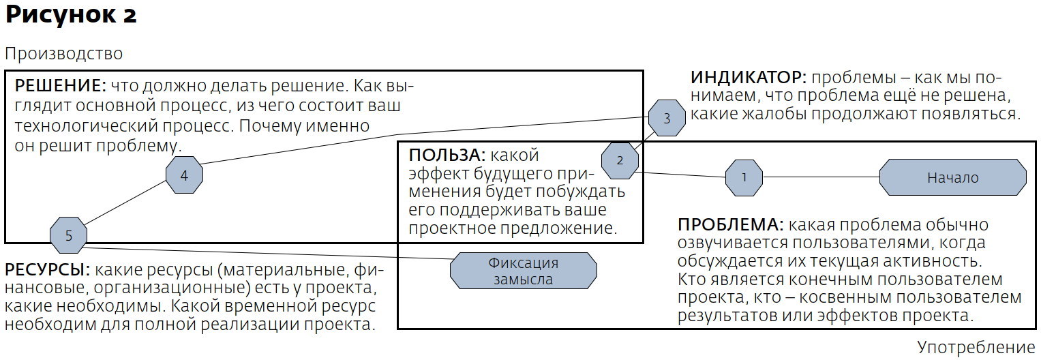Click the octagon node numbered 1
click(x=744, y=177)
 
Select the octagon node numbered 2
click(x=620, y=161)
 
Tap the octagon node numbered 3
click(x=666, y=118)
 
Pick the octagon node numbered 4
click(x=184, y=175)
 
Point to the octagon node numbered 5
click(x=68, y=236)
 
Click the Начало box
click(x=952, y=177)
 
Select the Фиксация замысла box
click(x=523, y=271)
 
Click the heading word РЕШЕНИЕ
click(x=60, y=87)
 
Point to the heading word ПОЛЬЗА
click(x=447, y=155)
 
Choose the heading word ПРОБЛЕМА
click(x=730, y=225)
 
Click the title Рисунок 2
click(x=71, y=15)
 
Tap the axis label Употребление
click(x=976, y=346)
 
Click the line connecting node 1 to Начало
click(x=821, y=177)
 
